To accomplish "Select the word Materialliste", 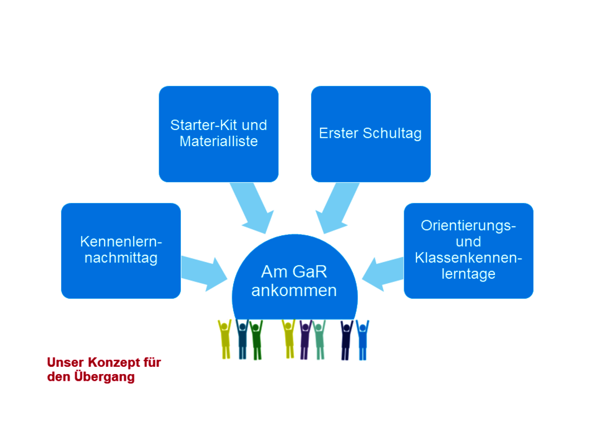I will pos(219,142).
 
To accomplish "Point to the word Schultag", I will pos(392,134).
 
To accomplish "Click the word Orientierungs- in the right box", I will pos(468,226).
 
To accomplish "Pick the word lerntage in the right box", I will pos(468,274).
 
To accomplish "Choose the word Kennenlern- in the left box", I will pos(121,242).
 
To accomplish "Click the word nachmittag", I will pos(121,258).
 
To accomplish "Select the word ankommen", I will pos(294,290).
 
